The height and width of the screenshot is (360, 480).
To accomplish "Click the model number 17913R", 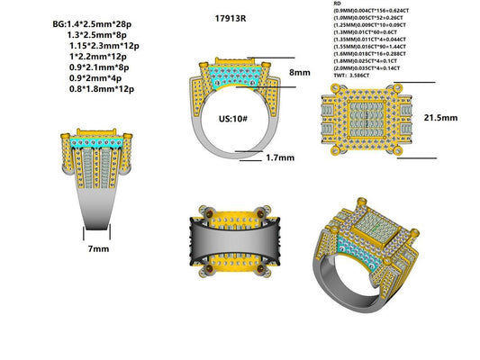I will pyautogui.click(x=232, y=18).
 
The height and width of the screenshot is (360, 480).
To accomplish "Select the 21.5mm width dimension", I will pyautogui.click(x=440, y=118).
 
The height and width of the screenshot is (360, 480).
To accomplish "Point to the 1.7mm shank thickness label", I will pyautogui.click(x=281, y=157).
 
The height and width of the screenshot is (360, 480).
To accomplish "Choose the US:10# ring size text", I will pyautogui.click(x=234, y=118).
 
